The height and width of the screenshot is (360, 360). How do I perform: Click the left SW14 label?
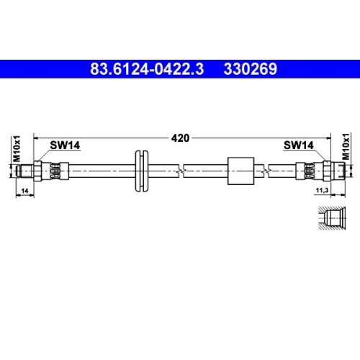click(64, 145)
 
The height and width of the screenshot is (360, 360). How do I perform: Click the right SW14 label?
click(298, 145)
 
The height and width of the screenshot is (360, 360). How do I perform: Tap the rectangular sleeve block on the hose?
click(240, 171)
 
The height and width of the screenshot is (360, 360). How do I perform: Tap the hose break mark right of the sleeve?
click(268, 171)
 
